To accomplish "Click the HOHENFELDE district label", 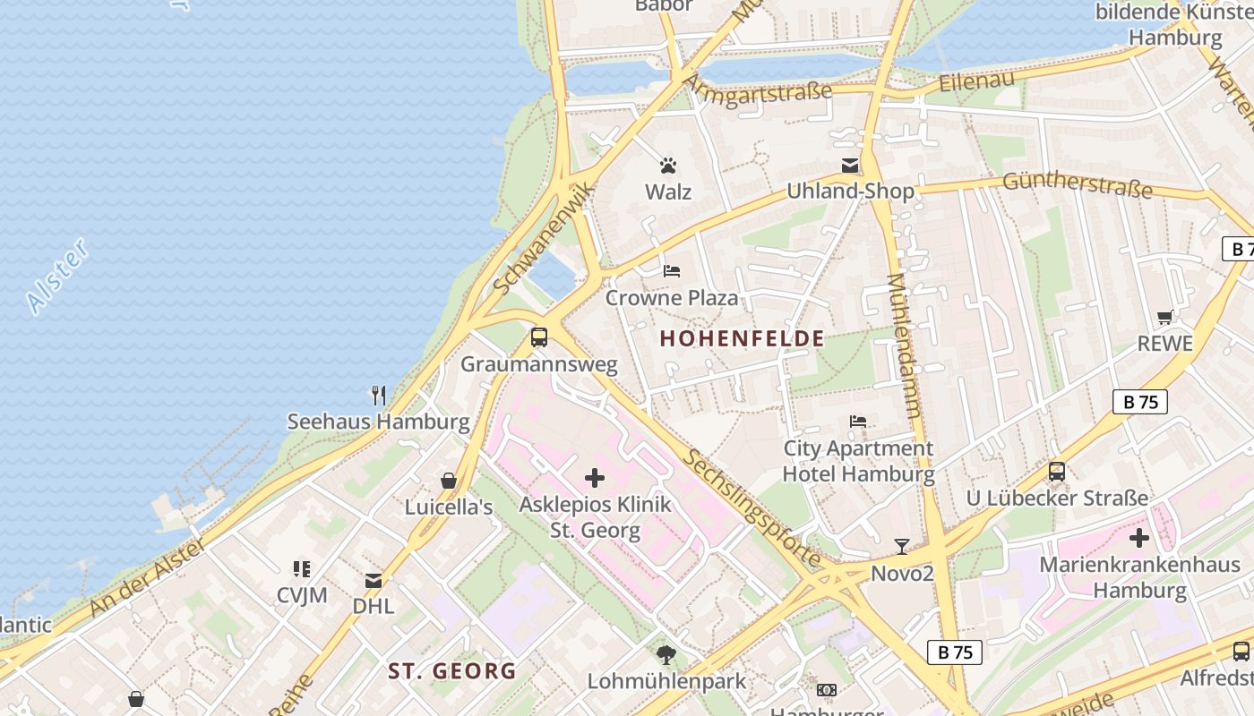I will coord(742,338).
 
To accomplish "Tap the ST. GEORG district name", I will coord(452,670).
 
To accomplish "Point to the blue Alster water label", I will coord(58,276).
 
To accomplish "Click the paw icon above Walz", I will coord(668,166).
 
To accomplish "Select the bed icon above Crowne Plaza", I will coord(672,270).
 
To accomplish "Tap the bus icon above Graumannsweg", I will coord(539,337).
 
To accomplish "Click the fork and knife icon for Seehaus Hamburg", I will coord(379,395).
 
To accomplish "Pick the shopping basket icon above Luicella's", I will coord(449,481).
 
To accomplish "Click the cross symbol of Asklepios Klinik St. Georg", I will coord(595,478).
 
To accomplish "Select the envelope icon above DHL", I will coord(374,580).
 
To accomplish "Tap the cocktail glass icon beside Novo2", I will coord(902,546).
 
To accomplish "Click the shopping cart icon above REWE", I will coord(1165,317).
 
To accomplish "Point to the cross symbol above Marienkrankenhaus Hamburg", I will coord(1139,538).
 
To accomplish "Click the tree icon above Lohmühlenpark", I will coord(666,654).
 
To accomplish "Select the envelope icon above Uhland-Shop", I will coord(850,166).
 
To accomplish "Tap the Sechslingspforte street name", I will coord(752,507).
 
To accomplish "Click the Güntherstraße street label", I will coord(1078,183).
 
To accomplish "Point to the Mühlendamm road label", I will coord(905,345).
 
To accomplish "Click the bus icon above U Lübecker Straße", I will coord(1057,472).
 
